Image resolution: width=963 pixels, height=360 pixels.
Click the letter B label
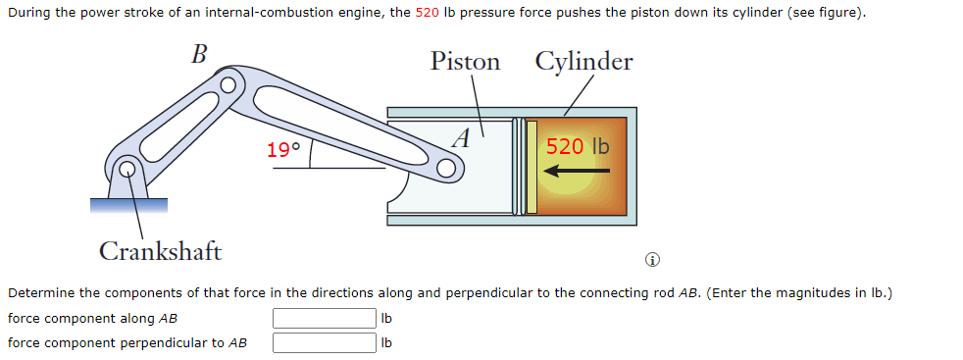tap(198, 54)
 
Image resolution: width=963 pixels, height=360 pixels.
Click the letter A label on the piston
tap(462, 136)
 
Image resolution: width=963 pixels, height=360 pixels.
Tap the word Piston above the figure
tap(465, 62)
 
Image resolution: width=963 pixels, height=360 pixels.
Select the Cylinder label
tap(583, 62)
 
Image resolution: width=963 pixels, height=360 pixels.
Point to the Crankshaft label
tap(160, 251)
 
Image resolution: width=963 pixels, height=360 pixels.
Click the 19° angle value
tap(283, 150)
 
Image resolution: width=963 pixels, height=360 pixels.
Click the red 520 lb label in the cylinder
tap(578, 146)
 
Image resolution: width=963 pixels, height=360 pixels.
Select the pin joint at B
tap(228, 85)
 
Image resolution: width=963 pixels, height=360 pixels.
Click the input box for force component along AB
tap(324, 319)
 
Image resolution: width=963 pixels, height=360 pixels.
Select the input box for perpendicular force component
tap(324, 342)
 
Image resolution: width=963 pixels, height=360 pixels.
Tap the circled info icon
tap(652, 260)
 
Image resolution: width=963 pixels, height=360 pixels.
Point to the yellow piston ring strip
tap(532, 166)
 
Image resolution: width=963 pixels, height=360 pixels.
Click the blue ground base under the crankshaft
tap(128, 204)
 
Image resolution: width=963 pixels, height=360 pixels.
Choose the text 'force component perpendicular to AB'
tap(127, 342)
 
